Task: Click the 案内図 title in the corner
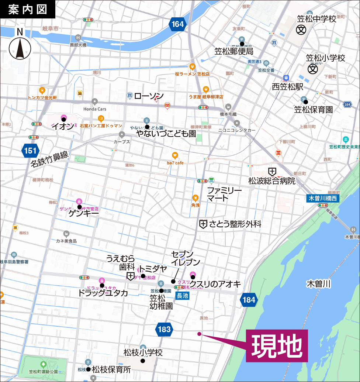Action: point(28,9)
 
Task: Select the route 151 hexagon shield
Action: point(30,151)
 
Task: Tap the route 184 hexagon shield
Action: point(249,300)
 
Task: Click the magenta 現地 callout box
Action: point(277,346)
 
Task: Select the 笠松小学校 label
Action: point(325,58)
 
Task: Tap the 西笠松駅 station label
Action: point(287,87)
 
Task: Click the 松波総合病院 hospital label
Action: point(272,181)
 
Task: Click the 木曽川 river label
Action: point(319,284)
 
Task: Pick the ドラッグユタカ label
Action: point(103,293)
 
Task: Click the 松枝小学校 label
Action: point(143,352)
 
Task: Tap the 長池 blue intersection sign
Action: point(183,295)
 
